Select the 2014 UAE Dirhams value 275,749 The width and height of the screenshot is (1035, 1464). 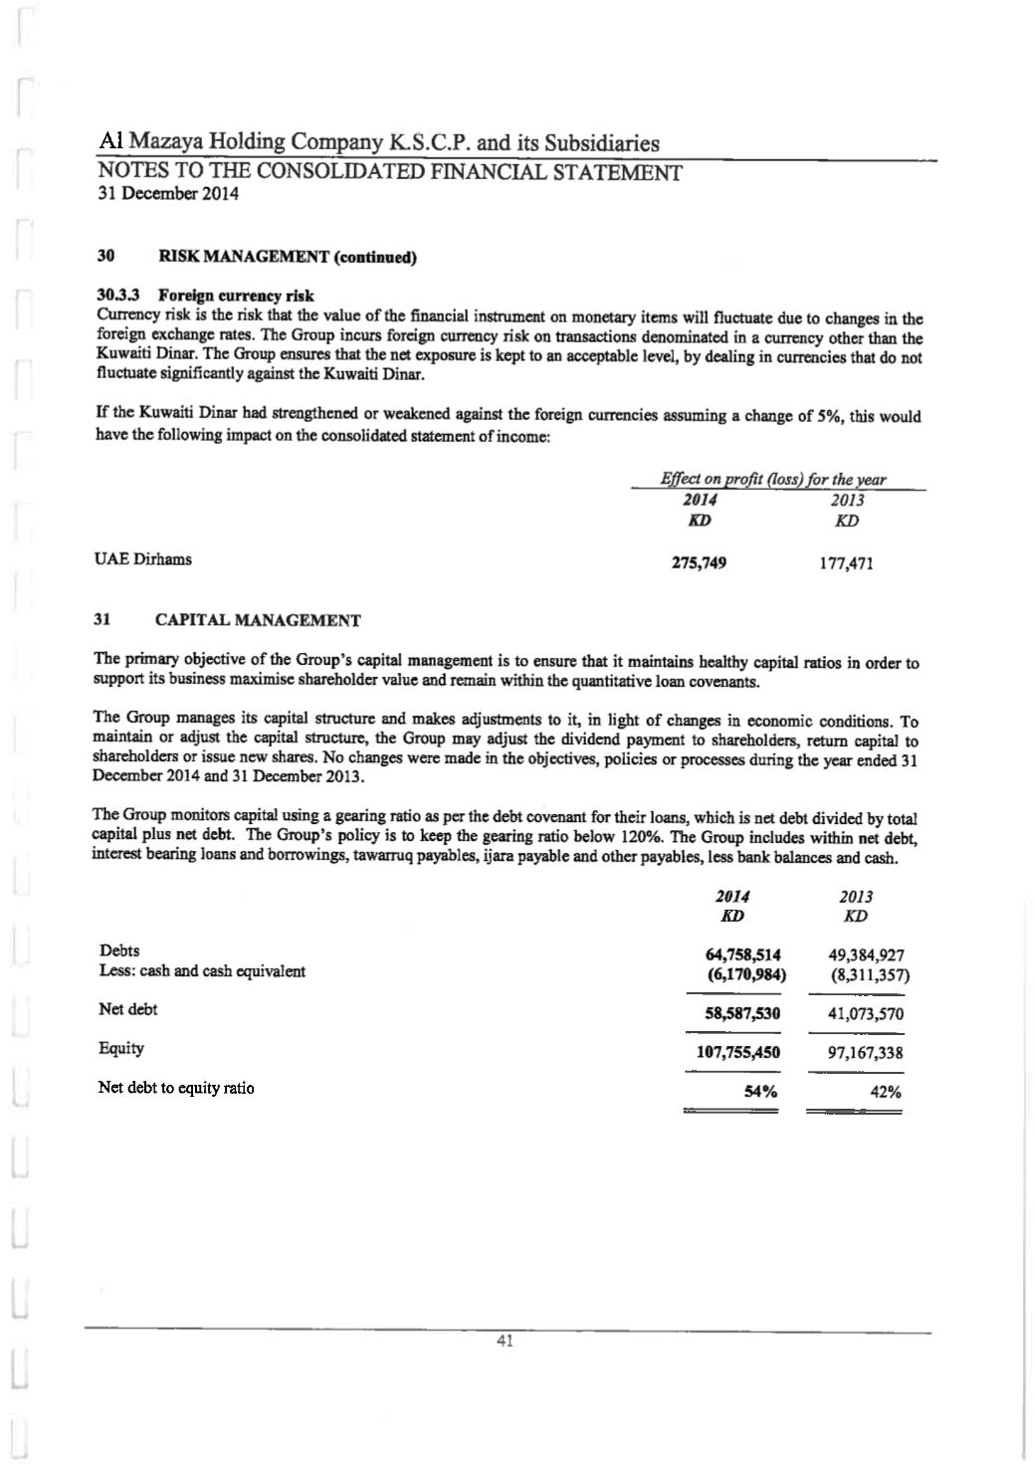(x=699, y=563)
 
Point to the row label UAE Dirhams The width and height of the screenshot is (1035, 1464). (x=143, y=559)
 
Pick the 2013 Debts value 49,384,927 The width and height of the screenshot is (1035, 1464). (x=866, y=955)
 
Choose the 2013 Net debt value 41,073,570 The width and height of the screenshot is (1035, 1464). (x=866, y=1014)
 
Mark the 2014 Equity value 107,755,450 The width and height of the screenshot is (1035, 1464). (x=738, y=1052)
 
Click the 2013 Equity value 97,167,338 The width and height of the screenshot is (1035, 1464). (x=866, y=1053)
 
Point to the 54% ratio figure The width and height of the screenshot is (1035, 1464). (x=761, y=1092)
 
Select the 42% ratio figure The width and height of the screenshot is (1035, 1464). (x=886, y=1092)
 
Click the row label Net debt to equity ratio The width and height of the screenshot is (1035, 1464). (x=176, y=1088)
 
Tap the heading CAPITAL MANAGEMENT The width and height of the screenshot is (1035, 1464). (x=258, y=621)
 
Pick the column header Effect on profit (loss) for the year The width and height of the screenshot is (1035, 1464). (x=773, y=480)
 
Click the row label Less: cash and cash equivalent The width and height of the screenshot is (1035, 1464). (x=202, y=971)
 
